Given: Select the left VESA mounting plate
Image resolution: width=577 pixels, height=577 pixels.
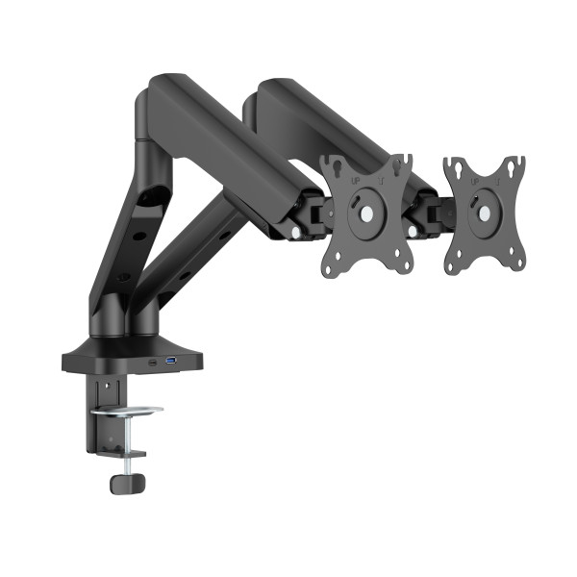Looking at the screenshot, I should [366, 215].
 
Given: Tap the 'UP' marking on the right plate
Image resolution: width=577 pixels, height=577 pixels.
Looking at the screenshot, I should [478, 179].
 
